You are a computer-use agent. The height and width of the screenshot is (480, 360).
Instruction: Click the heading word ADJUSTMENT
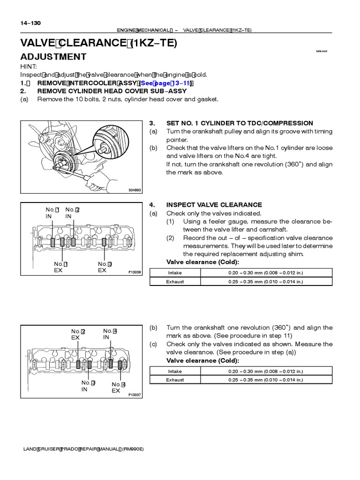(53, 57)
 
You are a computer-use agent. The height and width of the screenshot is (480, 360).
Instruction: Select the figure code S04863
(135, 190)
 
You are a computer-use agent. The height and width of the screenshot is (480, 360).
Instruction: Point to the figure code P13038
(135, 272)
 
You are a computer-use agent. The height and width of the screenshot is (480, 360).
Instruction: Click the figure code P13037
(135, 395)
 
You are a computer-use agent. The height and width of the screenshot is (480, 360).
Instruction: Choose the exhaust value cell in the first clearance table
(266, 282)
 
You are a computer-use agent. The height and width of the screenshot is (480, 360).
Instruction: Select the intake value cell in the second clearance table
(266, 371)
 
